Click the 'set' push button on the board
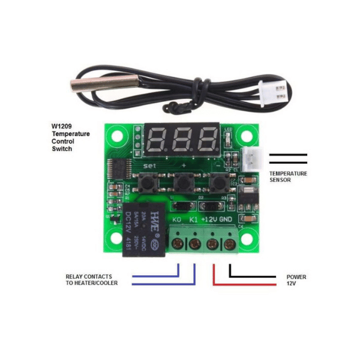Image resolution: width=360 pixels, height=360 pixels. pyautogui.click(x=147, y=180)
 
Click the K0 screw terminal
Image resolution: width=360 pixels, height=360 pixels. pyautogui.click(x=178, y=244)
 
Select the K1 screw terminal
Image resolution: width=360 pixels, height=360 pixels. pyautogui.click(x=194, y=244)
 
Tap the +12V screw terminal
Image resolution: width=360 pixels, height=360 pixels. pyautogui.click(x=212, y=244)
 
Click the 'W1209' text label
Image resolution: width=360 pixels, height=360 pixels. pyautogui.click(x=60, y=126)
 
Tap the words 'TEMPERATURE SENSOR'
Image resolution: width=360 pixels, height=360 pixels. pyautogui.click(x=287, y=176)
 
